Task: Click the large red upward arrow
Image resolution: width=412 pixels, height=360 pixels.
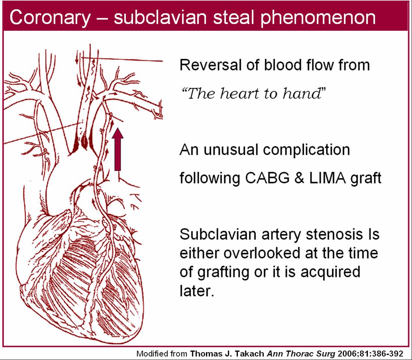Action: tap(118, 150)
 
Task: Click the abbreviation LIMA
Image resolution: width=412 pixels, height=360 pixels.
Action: tap(326, 178)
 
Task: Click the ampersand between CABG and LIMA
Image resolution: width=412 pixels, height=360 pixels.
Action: tap(300, 178)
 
